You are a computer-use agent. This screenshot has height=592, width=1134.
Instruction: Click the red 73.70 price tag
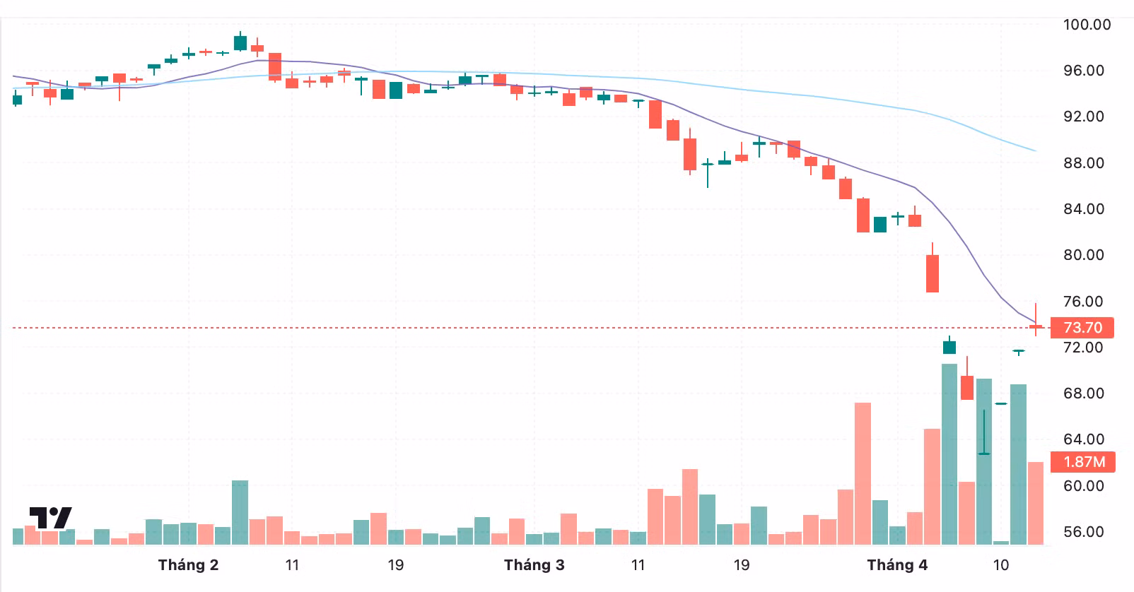tap(1082, 328)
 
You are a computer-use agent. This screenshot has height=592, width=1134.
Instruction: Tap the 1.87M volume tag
tap(1083, 462)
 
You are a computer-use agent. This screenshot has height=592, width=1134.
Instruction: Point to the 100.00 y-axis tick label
tap(1087, 25)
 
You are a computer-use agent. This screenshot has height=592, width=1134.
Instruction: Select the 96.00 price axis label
tap(1084, 71)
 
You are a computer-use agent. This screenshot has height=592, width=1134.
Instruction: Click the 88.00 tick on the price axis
tap(1084, 163)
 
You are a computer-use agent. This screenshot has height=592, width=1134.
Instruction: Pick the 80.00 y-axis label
tap(1084, 255)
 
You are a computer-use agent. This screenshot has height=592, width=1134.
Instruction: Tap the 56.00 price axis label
tap(1084, 532)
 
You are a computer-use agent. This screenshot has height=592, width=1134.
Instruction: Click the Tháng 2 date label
tap(188, 565)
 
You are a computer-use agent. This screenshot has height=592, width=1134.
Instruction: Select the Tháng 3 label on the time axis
tap(534, 565)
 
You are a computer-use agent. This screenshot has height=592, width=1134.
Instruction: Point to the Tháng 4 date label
tap(897, 565)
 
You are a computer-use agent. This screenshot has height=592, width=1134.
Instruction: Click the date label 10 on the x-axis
tap(1000, 565)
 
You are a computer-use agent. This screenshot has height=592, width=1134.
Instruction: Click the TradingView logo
tap(50, 519)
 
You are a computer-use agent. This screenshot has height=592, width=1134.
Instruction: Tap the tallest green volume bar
tap(949, 454)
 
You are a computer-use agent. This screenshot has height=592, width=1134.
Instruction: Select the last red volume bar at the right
tap(1035, 503)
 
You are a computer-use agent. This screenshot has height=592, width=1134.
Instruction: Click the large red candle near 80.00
tap(933, 273)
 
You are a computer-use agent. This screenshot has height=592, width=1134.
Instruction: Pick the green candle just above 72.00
tap(949, 347)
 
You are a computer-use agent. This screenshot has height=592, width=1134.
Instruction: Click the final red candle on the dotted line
tap(1036, 326)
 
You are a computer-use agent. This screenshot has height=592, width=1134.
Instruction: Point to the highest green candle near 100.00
tap(240, 42)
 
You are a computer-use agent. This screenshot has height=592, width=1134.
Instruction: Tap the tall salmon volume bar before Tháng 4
tap(863, 473)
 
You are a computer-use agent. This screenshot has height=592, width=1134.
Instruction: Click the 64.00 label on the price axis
tap(1084, 439)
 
